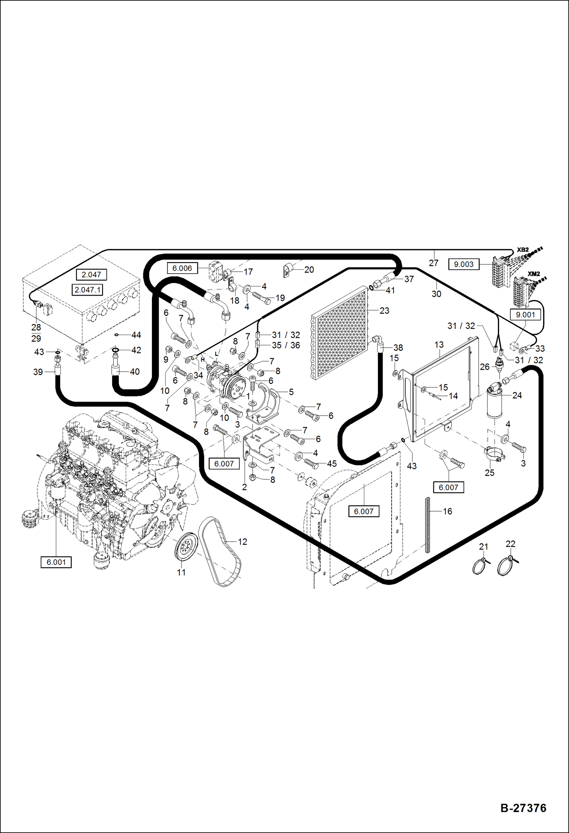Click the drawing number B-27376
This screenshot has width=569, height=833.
(523, 808)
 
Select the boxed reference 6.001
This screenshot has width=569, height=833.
(56, 562)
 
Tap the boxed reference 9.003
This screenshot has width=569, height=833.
(463, 264)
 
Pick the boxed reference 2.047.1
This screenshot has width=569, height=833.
(88, 290)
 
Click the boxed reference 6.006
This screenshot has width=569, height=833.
(182, 268)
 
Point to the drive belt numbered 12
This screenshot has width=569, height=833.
(220, 551)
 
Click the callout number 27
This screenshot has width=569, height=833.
(433, 263)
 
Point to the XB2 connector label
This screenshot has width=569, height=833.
(523, 250)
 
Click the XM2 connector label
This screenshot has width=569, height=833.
(533, 274)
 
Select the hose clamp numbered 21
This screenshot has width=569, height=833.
(480, 566)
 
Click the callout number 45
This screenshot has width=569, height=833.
(332, 464)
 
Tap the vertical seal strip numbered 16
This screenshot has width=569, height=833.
(427, 525)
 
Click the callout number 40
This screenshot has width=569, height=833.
(135, 371)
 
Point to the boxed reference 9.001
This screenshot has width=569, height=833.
(525, 315)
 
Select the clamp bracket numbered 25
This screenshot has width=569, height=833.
(495, 454)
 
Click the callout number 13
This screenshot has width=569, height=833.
(439, 345)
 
